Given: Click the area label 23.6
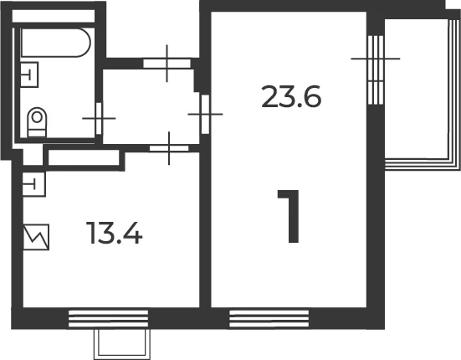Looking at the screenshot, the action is pyautogui.click(x=291, y=96).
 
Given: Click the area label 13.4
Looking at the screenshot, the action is pyautogui.click(x=115, y=233).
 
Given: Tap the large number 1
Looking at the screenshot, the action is pyautogui.click(x=289, y=216).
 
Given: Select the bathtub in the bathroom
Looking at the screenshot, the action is pyautogui.click(x=56, y=43).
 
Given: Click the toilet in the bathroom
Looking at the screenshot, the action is pyautogui.click(x=37, y=122).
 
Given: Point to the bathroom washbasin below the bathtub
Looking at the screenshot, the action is pyautogui.click(x=29, y=75).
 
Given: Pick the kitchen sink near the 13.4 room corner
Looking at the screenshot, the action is pyautogui.click(x=33, y=184).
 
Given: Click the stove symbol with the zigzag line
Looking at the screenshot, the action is pyautogui.click(x=36, y=237).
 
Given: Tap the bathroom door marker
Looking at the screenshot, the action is pyautogui.click(x=99, y=119).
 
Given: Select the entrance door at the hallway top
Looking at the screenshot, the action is pyautogui.click(x=167, y=64).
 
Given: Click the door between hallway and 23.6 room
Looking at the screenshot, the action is pyautogui.click(x=205, y=114).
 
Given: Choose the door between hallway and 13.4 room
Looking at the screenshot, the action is pyautogui.click(x=169, y=148).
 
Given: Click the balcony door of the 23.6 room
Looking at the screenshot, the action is pyautogui.click(x=376, y=70).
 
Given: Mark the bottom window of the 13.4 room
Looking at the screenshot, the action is pyautogui.click(x=108, y=318).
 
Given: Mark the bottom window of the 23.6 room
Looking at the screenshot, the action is pyautogui.click(x=269, y=318).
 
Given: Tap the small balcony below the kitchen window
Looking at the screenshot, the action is pyautogui.click(x=121, y=343).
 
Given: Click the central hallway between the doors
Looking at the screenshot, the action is pyautogui.click(x=150, y=106).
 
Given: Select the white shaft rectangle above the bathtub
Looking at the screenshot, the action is pyautogui.click(x=54, y=16).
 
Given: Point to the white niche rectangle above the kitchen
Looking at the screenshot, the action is pyautogui.click(x=84, y=157).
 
